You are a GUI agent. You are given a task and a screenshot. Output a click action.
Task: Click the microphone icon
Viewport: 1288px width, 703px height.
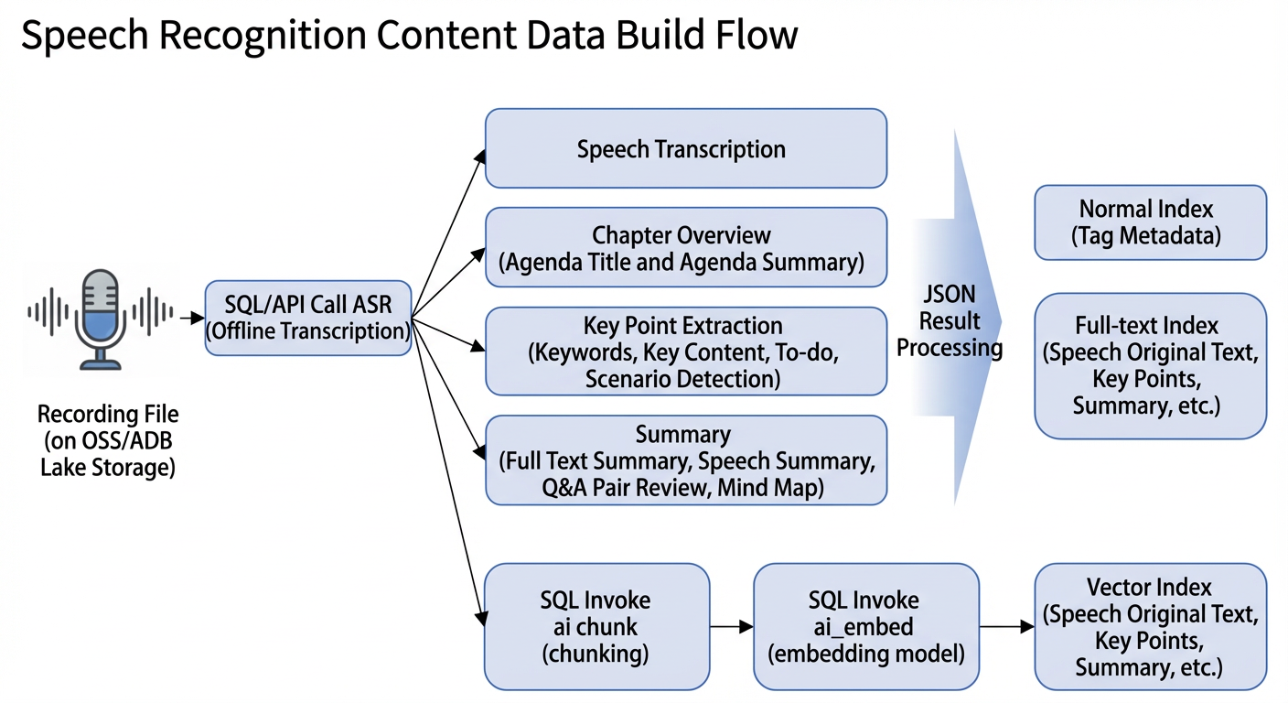click(101, 319)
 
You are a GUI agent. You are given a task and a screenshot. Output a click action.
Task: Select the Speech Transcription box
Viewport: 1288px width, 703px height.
click(686, 148)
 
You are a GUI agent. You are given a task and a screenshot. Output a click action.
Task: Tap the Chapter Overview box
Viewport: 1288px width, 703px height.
click(686, 247)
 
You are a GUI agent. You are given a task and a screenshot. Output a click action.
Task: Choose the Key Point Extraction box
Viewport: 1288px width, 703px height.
click(686, 351)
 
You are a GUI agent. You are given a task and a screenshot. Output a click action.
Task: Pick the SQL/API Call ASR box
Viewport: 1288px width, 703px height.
click(308, 318)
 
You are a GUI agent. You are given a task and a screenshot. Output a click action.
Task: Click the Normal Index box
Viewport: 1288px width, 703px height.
click(1151, 222)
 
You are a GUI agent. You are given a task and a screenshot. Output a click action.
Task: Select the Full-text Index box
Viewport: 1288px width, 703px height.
click(1151, 366)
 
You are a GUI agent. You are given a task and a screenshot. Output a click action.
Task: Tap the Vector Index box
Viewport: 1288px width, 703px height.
click(1151, 626)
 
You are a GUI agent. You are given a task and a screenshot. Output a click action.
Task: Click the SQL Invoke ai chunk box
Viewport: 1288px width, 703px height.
click(596, 626)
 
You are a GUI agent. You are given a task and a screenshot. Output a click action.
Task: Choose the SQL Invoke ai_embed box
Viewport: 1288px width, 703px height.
click(866, 626)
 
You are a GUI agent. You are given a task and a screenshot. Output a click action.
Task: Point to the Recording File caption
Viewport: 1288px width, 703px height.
click(108, 440)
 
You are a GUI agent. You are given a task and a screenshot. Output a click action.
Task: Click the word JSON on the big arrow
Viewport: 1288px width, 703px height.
click(950, 294)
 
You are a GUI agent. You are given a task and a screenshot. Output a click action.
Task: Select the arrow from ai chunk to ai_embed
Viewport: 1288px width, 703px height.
click(732, 626)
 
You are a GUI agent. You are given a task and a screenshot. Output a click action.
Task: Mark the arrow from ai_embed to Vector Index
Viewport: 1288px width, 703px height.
click(1007, 626)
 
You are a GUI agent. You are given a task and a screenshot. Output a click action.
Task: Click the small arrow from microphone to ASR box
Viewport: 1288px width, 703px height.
click(192, 318)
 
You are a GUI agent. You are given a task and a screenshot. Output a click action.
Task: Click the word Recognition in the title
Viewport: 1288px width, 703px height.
click(263, 37)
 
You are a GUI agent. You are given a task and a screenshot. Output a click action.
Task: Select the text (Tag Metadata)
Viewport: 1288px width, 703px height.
click(1146, 236)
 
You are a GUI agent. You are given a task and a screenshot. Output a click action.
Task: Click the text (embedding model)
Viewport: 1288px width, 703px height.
click(866, 654)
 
